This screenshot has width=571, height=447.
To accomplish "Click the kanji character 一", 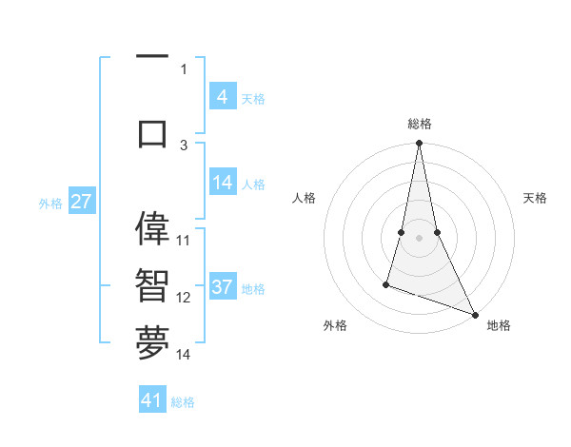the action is point(152,58).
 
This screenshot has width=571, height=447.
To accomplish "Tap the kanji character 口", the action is point(152,133).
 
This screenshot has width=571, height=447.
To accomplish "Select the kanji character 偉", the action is point(152,229).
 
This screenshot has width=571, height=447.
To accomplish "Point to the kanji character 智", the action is point(152,284).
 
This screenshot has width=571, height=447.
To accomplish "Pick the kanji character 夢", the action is point(152,343).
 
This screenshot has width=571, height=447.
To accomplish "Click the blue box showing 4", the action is point(222,97).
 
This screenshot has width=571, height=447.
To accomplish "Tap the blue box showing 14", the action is point(222,184).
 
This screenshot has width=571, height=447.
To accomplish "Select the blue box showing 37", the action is point(222,288).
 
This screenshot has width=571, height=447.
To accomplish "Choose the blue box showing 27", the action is point(81,203).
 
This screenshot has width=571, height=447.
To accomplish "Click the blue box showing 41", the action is point(152,400).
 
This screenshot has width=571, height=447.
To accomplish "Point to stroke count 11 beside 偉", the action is point(184,240).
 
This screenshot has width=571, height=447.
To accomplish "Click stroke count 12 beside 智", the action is point(184,297).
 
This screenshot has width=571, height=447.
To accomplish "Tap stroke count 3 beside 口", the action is point(184,145).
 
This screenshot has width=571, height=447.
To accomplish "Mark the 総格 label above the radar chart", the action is point(419,125).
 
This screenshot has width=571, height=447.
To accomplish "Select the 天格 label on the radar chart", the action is point(536,198).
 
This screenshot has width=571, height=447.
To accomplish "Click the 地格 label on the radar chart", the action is point(499,325).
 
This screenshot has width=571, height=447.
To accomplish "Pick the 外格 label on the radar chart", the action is point(335,325).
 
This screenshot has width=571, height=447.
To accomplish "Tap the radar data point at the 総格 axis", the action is point(419,144).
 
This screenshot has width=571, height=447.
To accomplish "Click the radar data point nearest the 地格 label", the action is point(475,314).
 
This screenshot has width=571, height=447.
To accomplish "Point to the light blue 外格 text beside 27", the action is point(49,204).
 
